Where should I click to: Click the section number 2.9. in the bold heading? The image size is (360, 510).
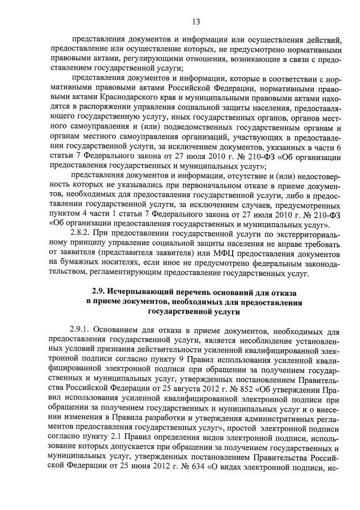(x=101, y=292)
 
